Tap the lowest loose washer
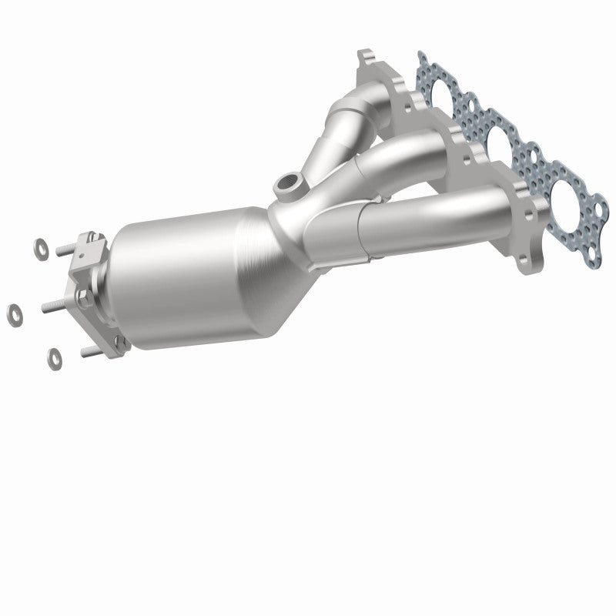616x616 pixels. point(54,356)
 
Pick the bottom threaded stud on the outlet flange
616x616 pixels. point(90,353)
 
